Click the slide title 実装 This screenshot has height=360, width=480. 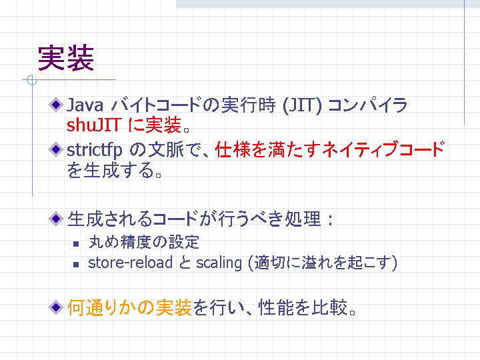(66, 58)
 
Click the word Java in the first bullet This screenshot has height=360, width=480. (85, 105)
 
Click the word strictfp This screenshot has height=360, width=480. (94, 150)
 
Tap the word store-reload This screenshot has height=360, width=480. (131, 263)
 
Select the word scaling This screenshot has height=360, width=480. (219, 263)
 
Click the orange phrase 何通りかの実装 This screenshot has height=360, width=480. (130, 307)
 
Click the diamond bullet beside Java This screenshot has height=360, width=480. (56, 105)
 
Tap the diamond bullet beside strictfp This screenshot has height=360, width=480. (56, 150)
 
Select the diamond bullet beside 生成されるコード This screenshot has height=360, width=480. (56, 219)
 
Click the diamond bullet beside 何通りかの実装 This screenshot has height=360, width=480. (56, 307)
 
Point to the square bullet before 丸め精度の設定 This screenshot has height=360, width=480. (76, 244)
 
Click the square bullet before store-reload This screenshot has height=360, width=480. (76, 265)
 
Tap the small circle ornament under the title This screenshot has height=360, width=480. (32, 80)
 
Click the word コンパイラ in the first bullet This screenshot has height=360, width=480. (367, 105)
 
